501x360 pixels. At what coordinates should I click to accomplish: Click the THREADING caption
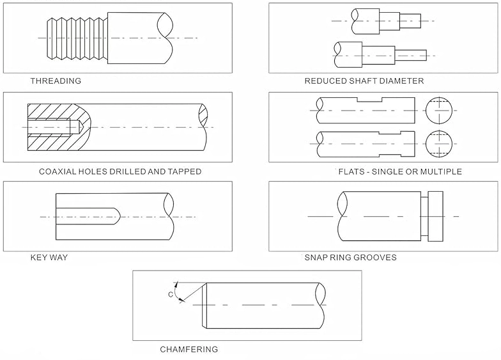click(x=56, y=81)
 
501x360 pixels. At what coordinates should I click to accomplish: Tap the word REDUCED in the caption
click(x=324, y=81)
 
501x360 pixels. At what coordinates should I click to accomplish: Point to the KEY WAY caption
click(x=49, y=258)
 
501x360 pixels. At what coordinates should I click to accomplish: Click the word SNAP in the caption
click(x=316, y=258)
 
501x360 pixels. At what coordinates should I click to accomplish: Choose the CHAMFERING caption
click(x=189, y=349)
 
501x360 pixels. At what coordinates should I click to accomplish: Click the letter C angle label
click(x=171, y=294)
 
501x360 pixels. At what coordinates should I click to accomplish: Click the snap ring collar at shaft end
click(x=435, y=216)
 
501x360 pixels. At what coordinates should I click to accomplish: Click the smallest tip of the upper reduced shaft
click(x=410, y=21)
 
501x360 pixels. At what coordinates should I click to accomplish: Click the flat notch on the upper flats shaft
click(x=369, y=100)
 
